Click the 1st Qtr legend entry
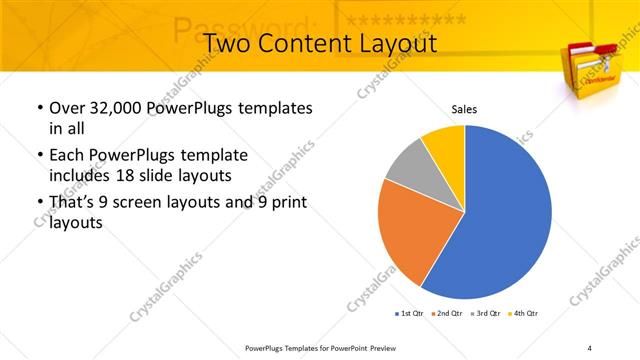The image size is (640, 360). pos(410,314)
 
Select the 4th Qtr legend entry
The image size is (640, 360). pos(525,314)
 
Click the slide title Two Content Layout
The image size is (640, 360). pos(319,44)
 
